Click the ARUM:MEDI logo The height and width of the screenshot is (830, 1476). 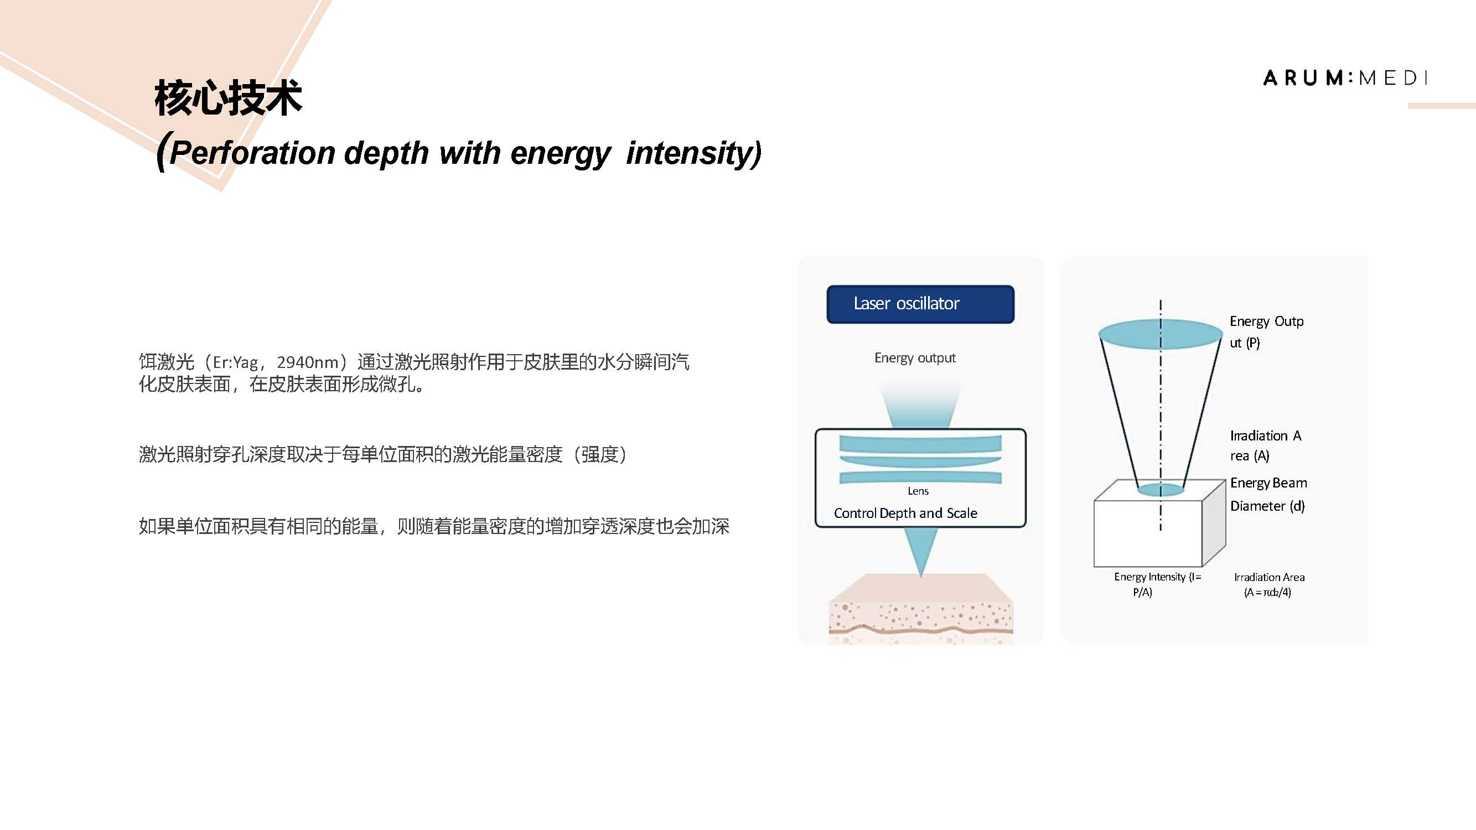(x=1345, y=78)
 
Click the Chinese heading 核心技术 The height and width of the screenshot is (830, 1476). (x=228, y=98)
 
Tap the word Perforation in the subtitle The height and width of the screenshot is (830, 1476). (x=252, y=153)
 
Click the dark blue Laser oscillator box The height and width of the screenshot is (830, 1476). (x=920, y=304)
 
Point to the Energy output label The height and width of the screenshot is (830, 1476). (x=915, y=358)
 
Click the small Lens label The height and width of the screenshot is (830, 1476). (x=918, y=491)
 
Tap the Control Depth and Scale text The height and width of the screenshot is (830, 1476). (x=905, y=513)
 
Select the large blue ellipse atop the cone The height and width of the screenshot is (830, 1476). (x=1161, y=334)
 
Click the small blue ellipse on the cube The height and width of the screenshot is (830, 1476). (x=1161, y=490)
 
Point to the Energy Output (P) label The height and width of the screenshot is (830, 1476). (x=1266, y=331)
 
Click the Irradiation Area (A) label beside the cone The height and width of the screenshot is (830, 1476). (x=1266, y=445)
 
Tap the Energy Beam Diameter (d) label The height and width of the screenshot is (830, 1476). (x=1268, y=494)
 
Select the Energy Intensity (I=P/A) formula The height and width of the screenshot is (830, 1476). (x=1157, y=584)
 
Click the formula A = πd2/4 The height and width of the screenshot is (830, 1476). (x=1267, y=592)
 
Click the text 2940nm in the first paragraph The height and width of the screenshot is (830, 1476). (x=308, y=362)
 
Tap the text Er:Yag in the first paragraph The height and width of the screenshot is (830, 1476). (x=235, y=362)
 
